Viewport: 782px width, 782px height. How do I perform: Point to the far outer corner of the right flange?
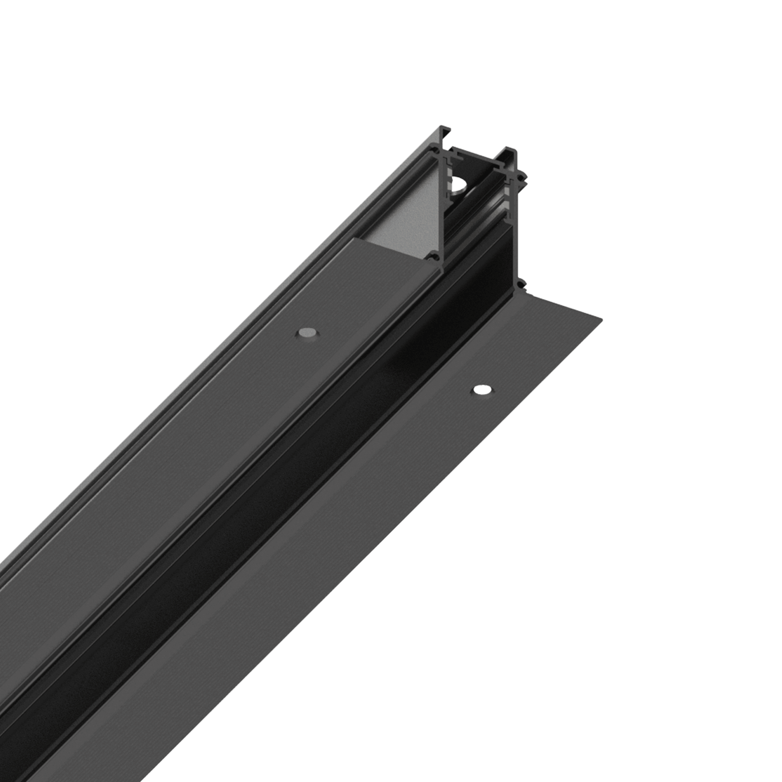[x=602, y=318]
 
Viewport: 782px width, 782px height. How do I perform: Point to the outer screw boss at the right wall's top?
[x=525, y=177]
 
